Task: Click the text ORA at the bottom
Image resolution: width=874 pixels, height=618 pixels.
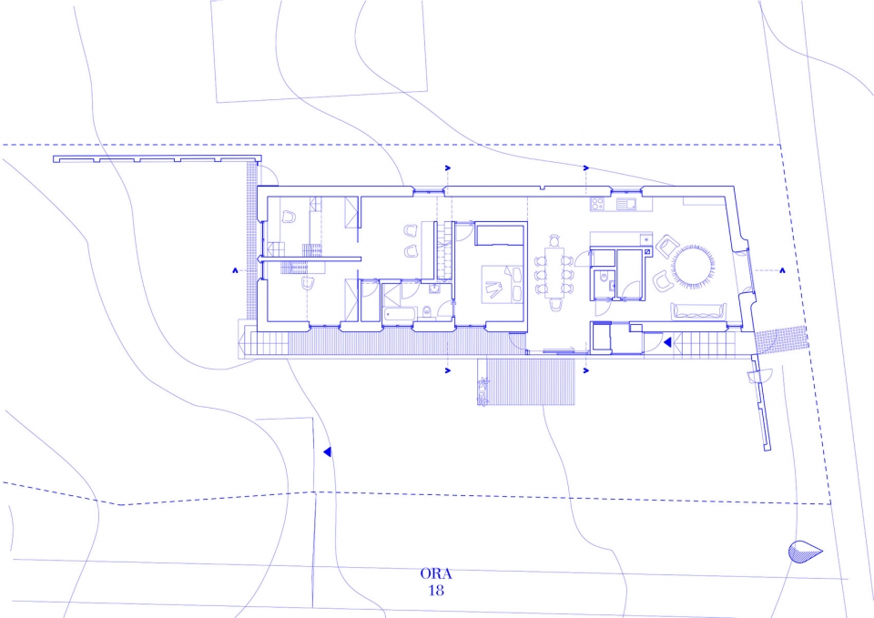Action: click(436, 574)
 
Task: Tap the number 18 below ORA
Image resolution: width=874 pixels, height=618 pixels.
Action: click(436, 590)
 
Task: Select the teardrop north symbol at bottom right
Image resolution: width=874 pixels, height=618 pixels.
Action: click(804, 552)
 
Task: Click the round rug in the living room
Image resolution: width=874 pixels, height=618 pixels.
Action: click(693, 267)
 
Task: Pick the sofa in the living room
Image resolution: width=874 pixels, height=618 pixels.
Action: click(699, 311)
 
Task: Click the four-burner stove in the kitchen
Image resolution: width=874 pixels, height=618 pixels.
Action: click(597, 204)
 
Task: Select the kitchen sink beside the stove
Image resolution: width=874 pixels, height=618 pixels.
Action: click(626, 204)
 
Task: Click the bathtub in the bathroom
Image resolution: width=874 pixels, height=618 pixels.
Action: click(400, 314)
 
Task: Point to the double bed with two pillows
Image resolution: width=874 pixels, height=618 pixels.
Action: click(502, 284)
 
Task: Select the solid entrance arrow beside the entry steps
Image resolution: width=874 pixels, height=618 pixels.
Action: click(666, 341)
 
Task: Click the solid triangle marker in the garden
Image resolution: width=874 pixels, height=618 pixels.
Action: click(327, 451)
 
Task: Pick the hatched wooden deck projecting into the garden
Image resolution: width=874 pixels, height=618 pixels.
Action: click(530, 381)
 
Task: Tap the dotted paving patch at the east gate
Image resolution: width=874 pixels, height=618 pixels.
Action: click(780, 339)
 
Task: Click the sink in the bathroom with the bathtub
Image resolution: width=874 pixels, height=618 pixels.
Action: click(433, 289)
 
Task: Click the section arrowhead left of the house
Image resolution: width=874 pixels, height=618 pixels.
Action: click(236, 270)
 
